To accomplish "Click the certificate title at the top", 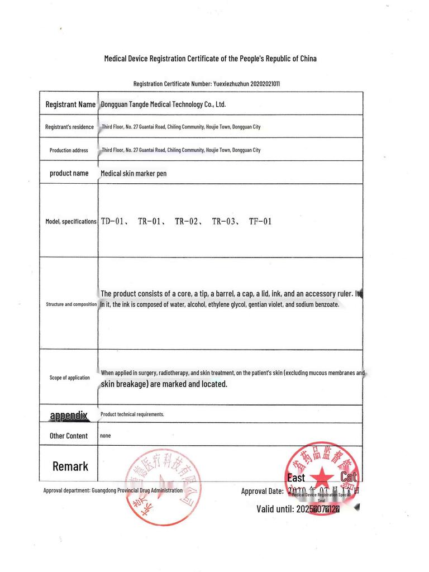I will click(211, 59).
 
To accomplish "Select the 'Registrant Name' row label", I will click(70, 104).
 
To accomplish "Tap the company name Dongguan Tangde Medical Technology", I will click(163, 104).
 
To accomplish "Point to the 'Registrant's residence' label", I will click(69, 127).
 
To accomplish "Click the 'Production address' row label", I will click(69, 150).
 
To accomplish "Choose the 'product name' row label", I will click(69, 173).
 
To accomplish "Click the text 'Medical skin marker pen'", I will click(134, 174).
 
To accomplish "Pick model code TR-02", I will click(187, 221).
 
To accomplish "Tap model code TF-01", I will click(260, 221).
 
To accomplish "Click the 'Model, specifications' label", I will click(71, 222).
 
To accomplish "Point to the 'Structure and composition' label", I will click(71, 304).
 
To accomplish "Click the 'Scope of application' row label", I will click(69, 378).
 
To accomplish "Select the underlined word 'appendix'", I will click(69, 415).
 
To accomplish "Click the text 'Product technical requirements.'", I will click(132, 414).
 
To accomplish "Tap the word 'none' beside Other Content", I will click(105, 435).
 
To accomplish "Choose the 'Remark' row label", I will click(70, 466).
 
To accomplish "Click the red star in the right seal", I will click(321, 476).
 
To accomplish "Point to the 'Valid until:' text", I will click(275, 509).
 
